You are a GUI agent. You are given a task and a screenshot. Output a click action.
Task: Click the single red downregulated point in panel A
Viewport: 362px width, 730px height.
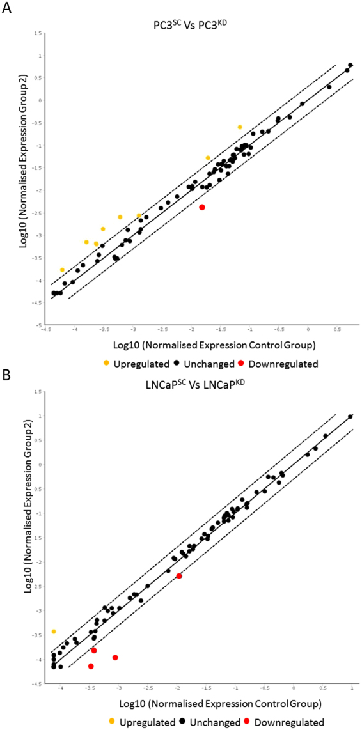[x=202, y=207]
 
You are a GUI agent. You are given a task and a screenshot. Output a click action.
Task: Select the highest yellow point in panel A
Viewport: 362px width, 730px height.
[x=240, y=127]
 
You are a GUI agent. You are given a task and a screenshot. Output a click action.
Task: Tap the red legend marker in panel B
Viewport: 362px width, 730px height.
[x=248, y=722]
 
